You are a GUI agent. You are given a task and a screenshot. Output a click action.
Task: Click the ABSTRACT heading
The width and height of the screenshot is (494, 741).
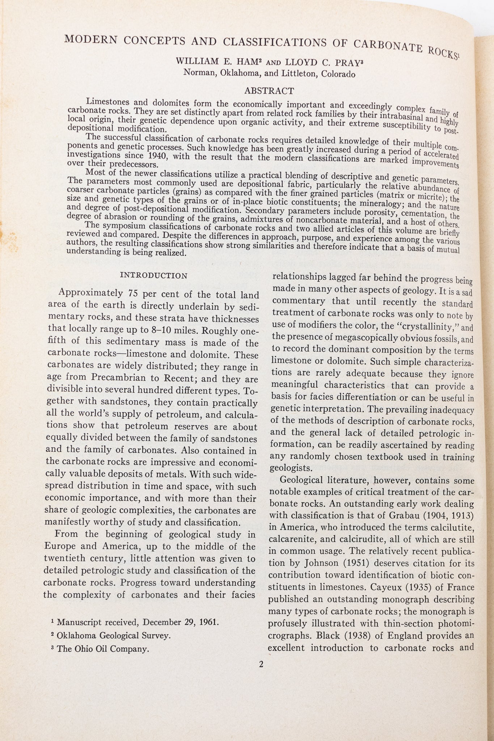point(269,90)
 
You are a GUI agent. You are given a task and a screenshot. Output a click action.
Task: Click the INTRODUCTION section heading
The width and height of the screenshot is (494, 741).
point(153,276)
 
